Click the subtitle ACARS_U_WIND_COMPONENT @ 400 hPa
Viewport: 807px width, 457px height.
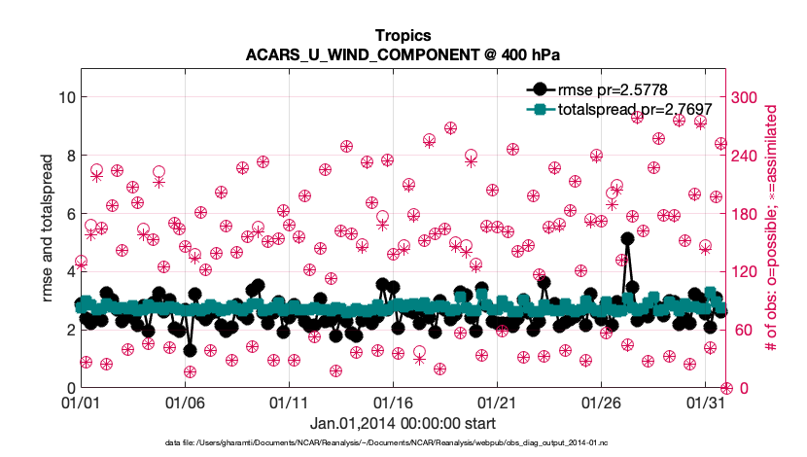[x=403, y=54]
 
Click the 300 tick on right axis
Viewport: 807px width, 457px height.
[x=744, y=97]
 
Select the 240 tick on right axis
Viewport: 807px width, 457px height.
[x=744, y=156]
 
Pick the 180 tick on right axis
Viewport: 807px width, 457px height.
[x=744, y=214]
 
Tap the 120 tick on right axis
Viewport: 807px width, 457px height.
[x=744, y=271]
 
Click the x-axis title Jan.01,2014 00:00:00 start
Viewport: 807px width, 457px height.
[x=403, y=423]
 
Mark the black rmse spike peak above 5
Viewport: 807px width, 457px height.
[x=627, y=238]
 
